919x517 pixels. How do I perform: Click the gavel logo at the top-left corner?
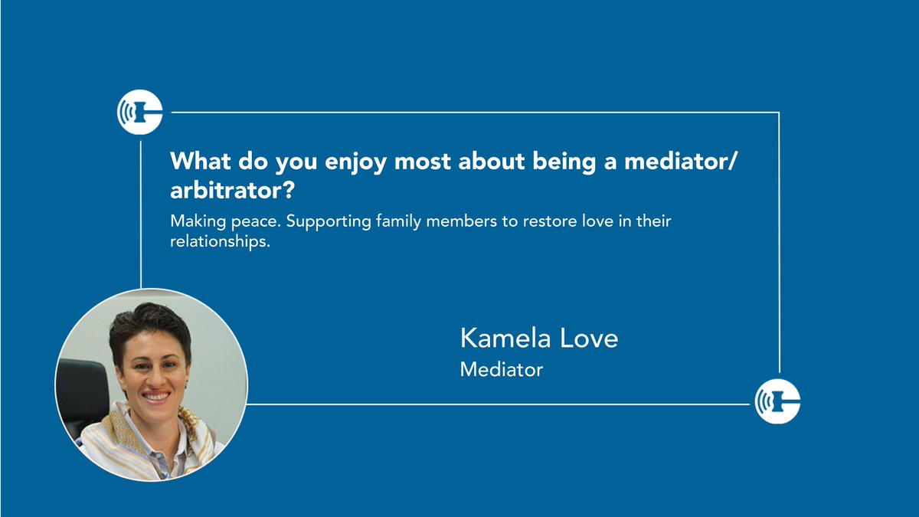pyautogui.click(x=140, y=112)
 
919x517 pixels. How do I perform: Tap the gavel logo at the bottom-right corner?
pyautogui.click(x=777, y=401)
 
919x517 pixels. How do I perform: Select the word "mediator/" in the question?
pyautogui.click(x=681, y=161)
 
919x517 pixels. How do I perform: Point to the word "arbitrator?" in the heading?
pyautogui.click(x=233, y=191)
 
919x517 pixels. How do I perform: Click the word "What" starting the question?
pyautogui.click(x=200, y=160)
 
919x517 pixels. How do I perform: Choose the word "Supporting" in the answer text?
pyautogui.click(x=329, y=222)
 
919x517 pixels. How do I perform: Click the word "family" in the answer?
pyautogui.click(x=398, y=221)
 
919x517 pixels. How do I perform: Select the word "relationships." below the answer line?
pyautogui.click(x=221, y=241)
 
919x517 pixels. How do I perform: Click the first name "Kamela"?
pyautogui.click(x=505, y=338)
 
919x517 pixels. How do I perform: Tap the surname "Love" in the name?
pyautogui.click(x=589, y=338)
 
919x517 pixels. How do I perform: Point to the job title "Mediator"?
pyautogui.click(x=502, y=369)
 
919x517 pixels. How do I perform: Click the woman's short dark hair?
pyautogui.click(x=149, y=329)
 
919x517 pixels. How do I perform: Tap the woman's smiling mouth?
pyautogui.click(x=156, y=397)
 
